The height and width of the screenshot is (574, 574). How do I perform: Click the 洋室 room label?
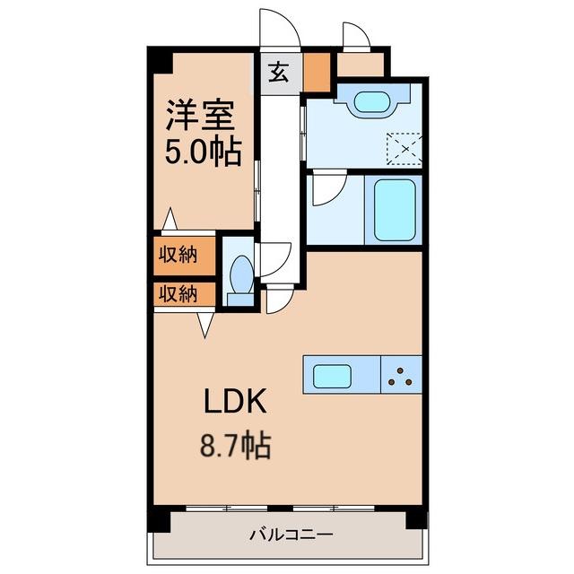pos(201,115)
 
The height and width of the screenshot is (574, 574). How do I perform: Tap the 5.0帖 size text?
pos(204,152)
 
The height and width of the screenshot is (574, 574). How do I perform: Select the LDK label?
pos(235,401)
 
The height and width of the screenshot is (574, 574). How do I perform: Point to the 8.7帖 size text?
pos(235,445)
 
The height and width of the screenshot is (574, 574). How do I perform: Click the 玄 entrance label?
pos(279,72)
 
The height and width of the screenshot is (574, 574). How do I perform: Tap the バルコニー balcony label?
pos(291,535)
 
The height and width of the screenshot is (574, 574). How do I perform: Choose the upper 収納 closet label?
pos(178,255)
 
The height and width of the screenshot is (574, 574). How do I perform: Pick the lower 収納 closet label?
pos(178,293)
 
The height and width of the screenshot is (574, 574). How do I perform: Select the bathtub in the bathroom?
pos(395,210)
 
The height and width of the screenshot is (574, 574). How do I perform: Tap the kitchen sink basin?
pos(333,376)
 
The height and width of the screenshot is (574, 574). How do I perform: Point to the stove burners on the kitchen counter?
pos(400,377)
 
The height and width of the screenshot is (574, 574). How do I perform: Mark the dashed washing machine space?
pos(404,149)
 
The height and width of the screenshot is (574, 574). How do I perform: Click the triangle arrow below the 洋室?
pos(170,219)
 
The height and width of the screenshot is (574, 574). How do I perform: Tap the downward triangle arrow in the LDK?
pos(205,325)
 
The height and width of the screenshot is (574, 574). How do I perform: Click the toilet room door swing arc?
pos(283,265)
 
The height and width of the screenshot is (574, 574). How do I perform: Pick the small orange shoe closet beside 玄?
pos(317,72)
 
